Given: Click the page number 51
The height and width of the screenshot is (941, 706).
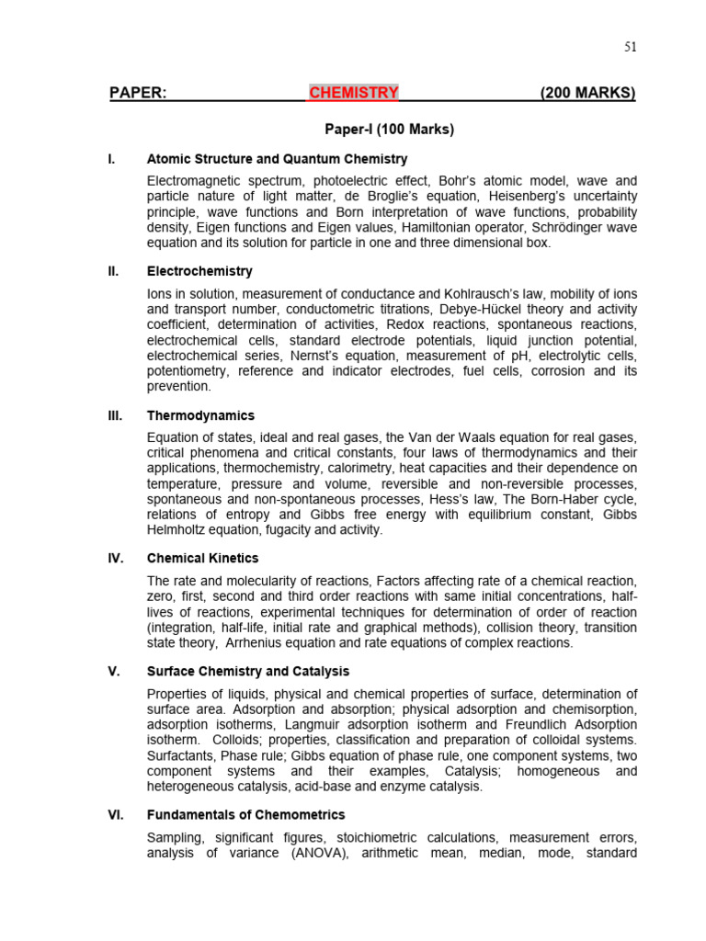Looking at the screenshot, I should click(630, 47).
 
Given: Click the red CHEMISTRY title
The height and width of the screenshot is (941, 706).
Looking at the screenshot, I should click(354, 93).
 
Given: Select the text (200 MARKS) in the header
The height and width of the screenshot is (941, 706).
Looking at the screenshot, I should click(587, 93).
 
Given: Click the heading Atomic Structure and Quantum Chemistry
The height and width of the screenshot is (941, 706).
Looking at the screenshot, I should click(277, 159).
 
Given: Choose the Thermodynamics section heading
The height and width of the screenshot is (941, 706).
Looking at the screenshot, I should click(200, 415).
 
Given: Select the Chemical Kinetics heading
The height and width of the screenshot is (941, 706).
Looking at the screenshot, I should click(202, 558).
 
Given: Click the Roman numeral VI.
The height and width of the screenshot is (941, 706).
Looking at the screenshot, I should click(115, 814).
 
